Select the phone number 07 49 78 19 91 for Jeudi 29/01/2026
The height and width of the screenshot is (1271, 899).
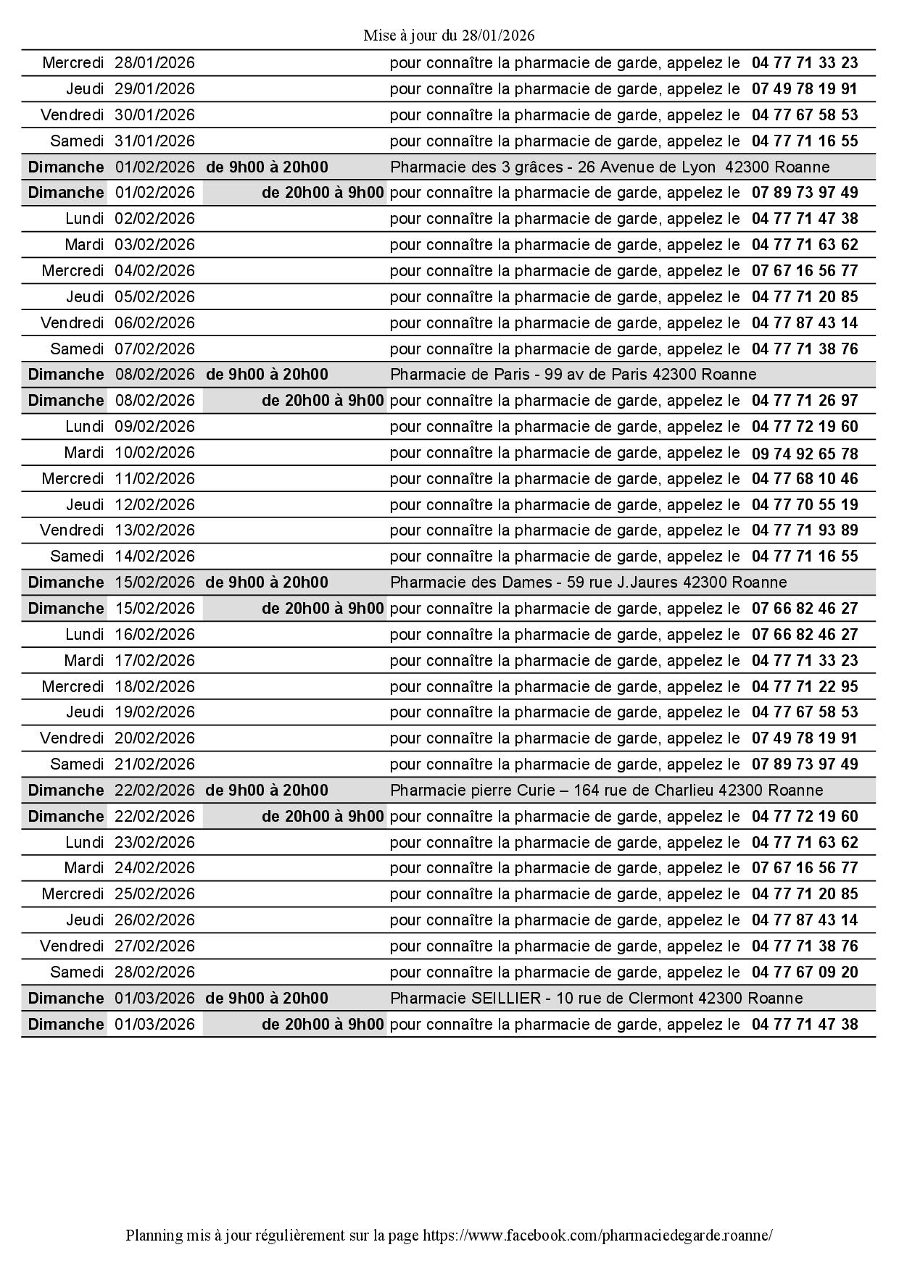804,89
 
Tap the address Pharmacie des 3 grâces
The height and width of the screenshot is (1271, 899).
609,167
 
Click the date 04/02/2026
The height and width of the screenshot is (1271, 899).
154,271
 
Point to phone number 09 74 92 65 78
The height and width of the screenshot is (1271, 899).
804,454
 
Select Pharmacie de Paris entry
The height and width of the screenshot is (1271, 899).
573,375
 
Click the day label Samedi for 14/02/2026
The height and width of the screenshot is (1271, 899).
77,557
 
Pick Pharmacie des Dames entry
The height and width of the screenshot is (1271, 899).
588,583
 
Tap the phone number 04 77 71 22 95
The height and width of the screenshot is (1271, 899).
804,686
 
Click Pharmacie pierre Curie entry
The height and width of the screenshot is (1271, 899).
606,791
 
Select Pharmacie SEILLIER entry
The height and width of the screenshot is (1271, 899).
596,999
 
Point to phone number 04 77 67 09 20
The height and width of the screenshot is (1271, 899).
804,972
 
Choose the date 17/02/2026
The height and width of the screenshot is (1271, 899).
154,661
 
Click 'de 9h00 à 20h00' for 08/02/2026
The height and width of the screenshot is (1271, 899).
267,375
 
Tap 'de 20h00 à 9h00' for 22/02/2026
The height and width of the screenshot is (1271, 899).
323,817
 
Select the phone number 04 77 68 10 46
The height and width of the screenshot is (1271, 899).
804,479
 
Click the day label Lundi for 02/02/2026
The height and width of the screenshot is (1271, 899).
84,219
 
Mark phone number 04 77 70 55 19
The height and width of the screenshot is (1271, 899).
804,505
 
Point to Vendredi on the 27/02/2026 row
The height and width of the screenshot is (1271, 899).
72,946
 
